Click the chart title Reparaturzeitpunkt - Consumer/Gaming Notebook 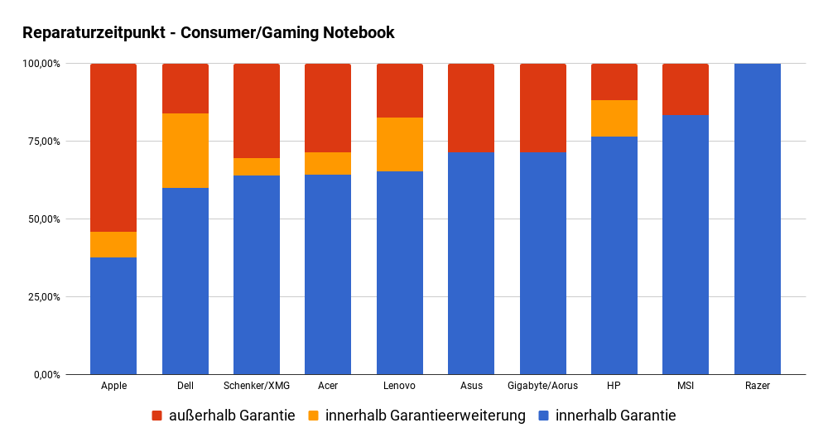[208, 33]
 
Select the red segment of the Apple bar [113, 147]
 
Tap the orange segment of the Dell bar [185, 151]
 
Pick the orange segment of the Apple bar [113, 244]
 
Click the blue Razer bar [758, 219]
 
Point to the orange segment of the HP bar [614, 118]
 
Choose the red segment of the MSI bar [686, 89]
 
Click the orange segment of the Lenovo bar [400, 144]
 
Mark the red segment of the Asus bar [471, 108]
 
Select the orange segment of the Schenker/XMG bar [257, 166]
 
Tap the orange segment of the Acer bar [328, 163]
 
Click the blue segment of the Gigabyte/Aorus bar [543, 263]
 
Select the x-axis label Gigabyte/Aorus [543, 386]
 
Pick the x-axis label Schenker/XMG [257, 386]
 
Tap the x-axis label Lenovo [400, 386]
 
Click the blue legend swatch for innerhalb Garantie [544, 416]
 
